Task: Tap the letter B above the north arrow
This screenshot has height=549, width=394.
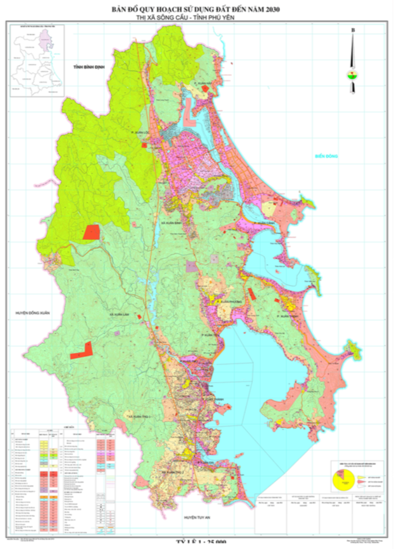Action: (353, 30)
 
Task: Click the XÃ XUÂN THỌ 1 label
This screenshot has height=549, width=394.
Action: (139, 418)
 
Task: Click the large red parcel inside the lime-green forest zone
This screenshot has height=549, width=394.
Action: (91, 231)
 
